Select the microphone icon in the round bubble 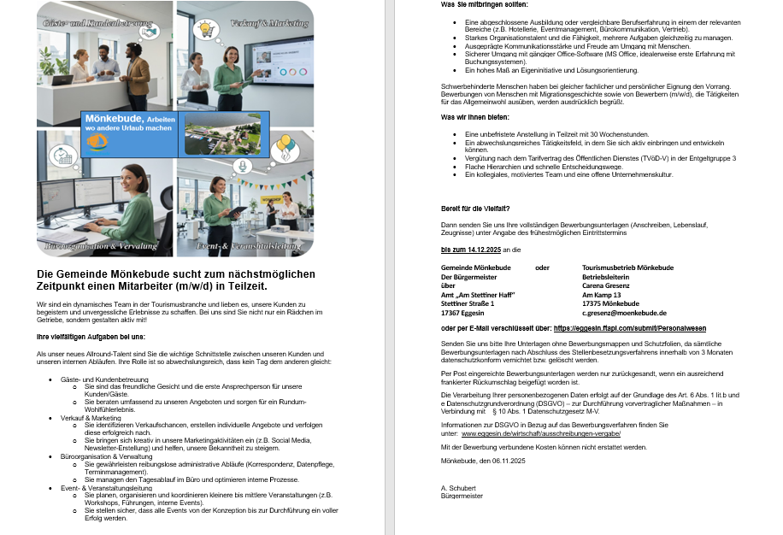click(242, 166)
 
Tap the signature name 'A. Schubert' click(458, 488)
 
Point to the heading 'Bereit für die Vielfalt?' click(475, 209)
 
